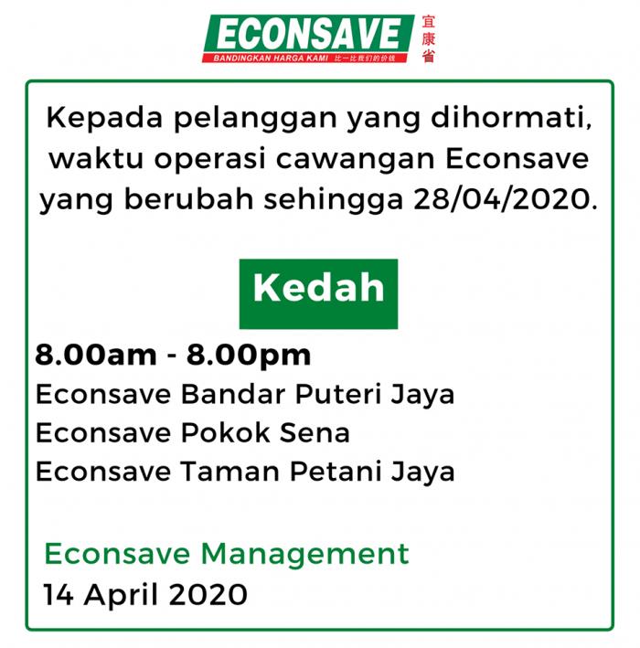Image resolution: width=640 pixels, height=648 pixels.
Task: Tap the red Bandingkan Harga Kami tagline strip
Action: click(x=305, y=58)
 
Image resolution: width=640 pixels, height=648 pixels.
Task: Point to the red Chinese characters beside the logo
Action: click(x=428, y=39)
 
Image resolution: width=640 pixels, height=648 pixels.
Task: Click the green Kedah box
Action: click(x=318, y=293)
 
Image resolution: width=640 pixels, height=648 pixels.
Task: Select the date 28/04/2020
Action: click(x=506, y=199)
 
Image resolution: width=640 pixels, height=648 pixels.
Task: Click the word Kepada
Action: click(x=104, y=119)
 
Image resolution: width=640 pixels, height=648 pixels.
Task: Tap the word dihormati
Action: click(x=511, y=118)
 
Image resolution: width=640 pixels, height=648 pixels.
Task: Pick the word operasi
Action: click(x=209, y=160)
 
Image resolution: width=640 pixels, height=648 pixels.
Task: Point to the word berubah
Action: click(x=188, y=198)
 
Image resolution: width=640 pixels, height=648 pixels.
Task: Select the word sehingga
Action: click(x=333, y=200)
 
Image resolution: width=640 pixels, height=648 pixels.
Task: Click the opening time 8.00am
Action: click(x=96, y=355)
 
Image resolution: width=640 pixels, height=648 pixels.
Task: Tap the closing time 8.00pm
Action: click(x=249, y=356)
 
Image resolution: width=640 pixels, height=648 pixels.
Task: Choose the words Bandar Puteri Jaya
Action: click(x=317, y=395)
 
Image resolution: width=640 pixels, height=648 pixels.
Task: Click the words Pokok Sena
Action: click(x=265, y=432)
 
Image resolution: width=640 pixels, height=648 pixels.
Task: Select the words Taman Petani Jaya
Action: click(x=317, y=472)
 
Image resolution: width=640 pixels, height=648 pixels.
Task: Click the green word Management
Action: click(x=304, y=555)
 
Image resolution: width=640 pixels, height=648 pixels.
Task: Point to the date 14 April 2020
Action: click(x=145, y=595)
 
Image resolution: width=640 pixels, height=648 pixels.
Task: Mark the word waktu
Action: click(x=96, y=159)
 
